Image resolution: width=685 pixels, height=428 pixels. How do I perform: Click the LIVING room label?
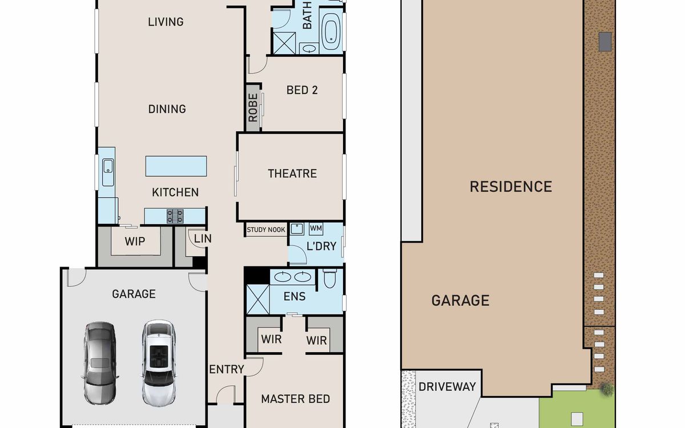click(166, 22)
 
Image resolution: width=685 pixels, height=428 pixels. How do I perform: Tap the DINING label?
click(167, 109)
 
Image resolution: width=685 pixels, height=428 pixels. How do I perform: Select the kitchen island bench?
click(176, 166)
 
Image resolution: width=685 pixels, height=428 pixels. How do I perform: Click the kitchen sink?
click(108, 172)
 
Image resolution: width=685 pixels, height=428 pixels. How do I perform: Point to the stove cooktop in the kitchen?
click(175, 216)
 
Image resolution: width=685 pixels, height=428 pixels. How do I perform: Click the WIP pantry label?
click(135, 241)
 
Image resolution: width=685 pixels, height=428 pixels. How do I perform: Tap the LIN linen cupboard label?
click(203, 239)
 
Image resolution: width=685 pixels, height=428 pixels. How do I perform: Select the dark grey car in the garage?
click(100, 363)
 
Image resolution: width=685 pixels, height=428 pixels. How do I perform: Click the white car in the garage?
click(159, 363)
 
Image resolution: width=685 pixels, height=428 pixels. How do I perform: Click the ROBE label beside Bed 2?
click(253, 108)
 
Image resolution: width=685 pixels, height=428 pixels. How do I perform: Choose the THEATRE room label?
click(292, 173)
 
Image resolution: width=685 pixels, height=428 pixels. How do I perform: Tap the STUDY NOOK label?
click(266, 230)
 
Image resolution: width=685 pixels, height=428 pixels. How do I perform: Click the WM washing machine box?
click(316, 228)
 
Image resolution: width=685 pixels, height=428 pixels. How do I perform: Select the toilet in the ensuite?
click(330, 278)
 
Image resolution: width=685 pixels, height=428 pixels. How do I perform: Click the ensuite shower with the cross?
click(258, 300)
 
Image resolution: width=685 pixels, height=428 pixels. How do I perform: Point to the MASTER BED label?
click(296, 399)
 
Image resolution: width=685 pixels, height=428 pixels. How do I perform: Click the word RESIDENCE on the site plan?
click(511, 187)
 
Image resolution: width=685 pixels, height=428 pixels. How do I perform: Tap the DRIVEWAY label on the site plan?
click(447, 387)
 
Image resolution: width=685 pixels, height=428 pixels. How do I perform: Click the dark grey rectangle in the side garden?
click(605, 41)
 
